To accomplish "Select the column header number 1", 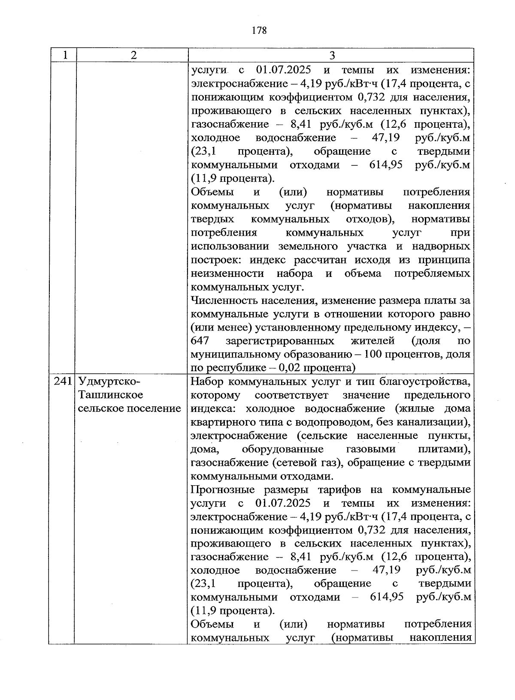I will click(64, 55).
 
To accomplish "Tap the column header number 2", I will click(133, 55).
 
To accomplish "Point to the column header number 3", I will click(332, 55).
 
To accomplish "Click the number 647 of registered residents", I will click(200, 341).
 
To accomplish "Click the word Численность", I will click(222, 300).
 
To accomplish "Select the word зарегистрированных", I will click(280, 341).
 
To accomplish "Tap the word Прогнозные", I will click(222, 490).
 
